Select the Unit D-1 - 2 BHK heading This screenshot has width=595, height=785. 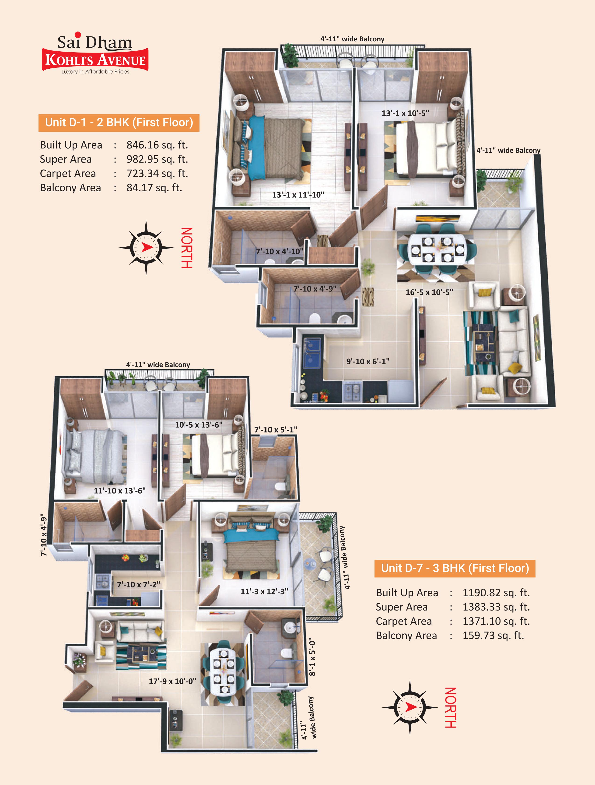(x=119, y=122)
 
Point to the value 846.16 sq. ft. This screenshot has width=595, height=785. (x=157, y=145)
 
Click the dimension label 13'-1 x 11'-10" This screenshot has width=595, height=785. (x=298, y=195)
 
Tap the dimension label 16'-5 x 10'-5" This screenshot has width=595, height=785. (x=429, y=292)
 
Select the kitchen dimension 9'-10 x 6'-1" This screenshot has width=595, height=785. (x=368, y=361)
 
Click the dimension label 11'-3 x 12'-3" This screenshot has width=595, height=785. (x=264, y=591)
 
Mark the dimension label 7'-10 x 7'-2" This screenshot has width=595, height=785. (x=138, y=584)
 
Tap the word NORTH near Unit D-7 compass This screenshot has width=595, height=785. (x=450, y=707)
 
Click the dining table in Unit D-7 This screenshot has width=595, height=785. (x=223, y=671)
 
